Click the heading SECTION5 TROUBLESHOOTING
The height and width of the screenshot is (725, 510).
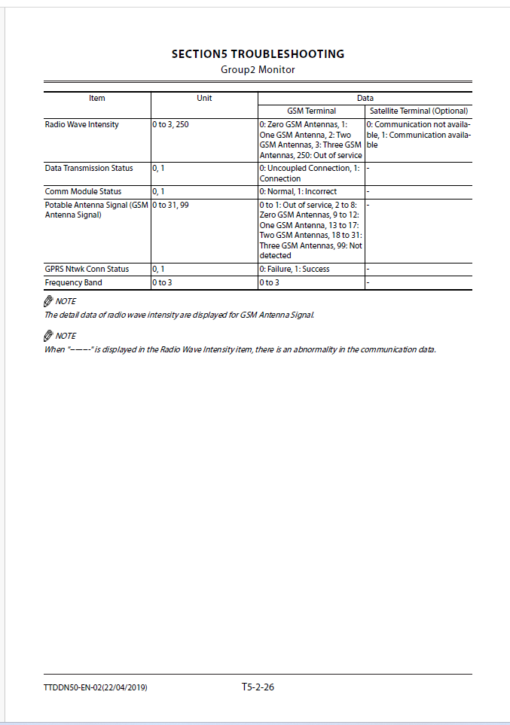pos(258,54)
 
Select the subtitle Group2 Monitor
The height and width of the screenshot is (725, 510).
pos(258,70)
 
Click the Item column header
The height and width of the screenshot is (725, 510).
pos(97,98)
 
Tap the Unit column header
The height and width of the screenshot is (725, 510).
pos(204,98)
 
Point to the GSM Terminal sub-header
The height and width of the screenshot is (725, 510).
pos(311,111)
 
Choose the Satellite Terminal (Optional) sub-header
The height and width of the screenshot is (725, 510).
pos(419,111)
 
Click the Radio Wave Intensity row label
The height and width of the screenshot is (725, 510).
pos(82,124)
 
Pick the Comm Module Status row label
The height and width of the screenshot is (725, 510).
pos(83,191)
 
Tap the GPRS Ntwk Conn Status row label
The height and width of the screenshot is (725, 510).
pos(87,269)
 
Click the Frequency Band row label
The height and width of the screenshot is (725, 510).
pos(74,282)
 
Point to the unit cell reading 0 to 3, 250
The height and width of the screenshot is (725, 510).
pos(171,124)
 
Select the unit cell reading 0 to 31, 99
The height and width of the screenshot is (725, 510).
pos(170,204)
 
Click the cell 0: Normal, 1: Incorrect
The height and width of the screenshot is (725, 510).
pos(298,191)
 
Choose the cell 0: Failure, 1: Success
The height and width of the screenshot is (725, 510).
pos(295,269)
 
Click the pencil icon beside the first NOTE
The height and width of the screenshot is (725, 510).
pos(49,301)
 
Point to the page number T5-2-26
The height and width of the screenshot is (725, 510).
pos(258,687)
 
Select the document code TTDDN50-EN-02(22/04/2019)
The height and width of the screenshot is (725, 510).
pos(96,687)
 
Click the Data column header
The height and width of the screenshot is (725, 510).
pos(365,98)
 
